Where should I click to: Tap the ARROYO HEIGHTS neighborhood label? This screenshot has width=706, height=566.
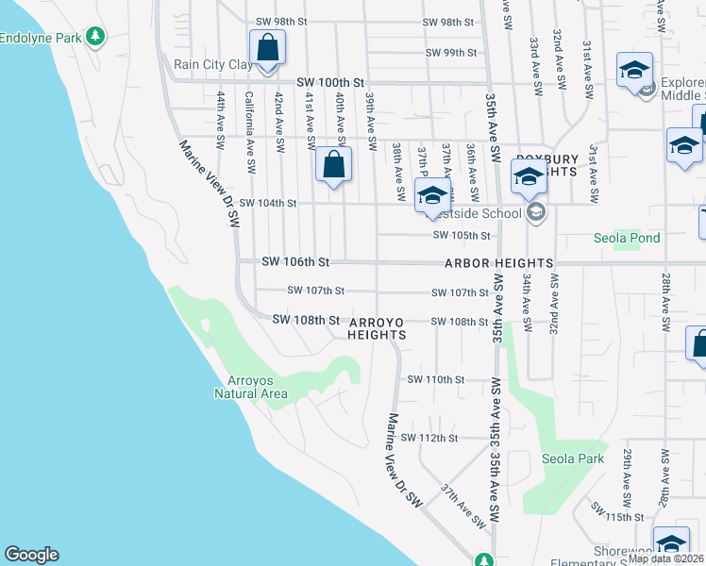tap(376, 328)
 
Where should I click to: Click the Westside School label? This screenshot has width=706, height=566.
tap(482, 213)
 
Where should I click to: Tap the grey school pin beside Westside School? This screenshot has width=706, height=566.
tap(536, 212)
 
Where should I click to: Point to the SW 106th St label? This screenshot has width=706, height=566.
tap(295, 261)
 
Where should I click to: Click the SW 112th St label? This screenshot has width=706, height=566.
tap(429, 438)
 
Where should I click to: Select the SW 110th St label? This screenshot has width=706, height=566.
tap(436, 379)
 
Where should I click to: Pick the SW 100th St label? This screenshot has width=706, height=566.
tap(330, 83)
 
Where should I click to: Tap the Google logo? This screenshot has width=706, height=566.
tap(31, 555)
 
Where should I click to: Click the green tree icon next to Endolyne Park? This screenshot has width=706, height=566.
tap(94, 37)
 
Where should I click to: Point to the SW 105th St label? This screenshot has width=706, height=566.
tap(462, 235)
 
